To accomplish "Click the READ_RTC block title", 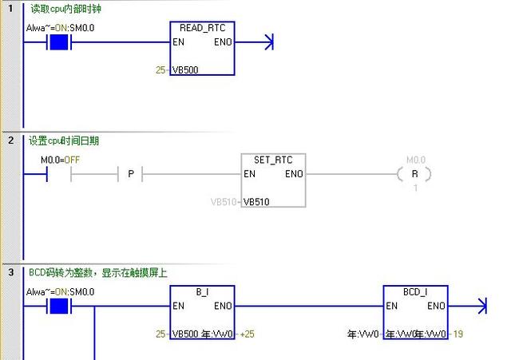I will coord(202,28).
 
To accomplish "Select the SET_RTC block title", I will coord(273,160).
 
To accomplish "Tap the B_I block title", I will coord(202,292).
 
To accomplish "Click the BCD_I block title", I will coord(415,292).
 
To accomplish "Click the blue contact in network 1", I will coord(58,42).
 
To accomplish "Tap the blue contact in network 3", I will coord(58,306).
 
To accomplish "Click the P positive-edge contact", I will coord(130,174).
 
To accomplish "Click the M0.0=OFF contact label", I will coord(61,160).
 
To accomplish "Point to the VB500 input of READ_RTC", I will coord(185,69).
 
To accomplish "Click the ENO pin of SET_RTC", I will coord(294,174).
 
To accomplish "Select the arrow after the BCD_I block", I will coord(480,306).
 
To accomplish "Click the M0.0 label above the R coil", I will coord(416,160).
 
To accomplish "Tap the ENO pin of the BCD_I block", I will coord(436,306).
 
